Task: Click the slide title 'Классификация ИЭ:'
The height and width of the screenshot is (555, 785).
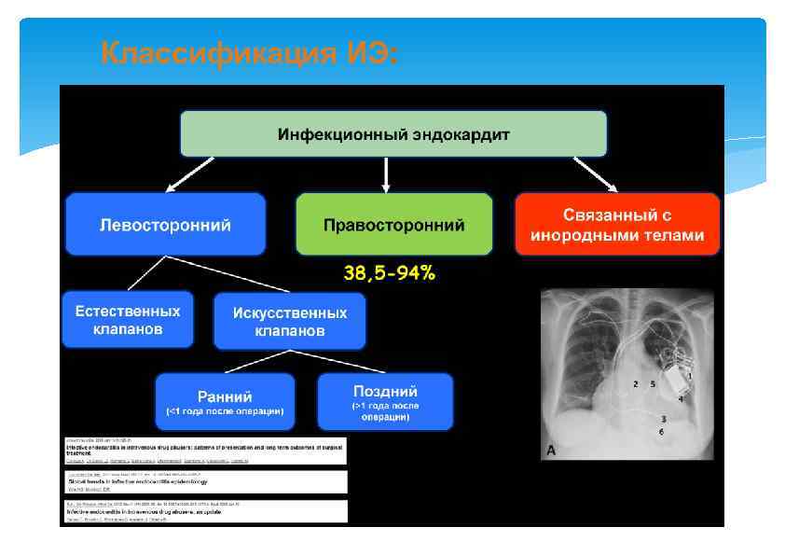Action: pyautogui.click(x=249, y=53)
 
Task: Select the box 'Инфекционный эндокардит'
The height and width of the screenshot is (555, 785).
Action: pyautogui.click(x=392, y=133)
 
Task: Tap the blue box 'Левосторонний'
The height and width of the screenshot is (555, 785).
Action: pyautogui.click(x=165, y=225)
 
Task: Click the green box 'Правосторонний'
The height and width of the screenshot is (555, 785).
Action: pyautogui.click(x=393, y=225)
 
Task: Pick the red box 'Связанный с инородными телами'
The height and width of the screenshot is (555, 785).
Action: pyautogui.click(x=617, y=225)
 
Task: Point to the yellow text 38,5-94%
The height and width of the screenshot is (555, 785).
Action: pyautogui.click(x=390, y=273)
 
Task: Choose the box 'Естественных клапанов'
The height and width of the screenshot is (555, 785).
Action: pyautogui.click(x=128, y=320)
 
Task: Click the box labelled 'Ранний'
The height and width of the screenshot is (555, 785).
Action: pyautogui.click(x=225, y=402)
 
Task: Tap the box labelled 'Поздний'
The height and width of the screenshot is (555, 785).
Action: pyautogui.click(x=385, y=402)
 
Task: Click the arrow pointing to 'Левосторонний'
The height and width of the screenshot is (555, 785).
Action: pyautogui.click(x=212, y=173)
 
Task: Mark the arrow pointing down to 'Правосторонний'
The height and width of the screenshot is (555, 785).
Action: pyautogui.click(x=386, y=174)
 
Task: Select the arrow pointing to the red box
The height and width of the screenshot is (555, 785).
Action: pyautogui.click(x=595, y=174)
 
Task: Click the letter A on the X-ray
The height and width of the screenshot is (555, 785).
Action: pyautogui.click(x=551, y=451)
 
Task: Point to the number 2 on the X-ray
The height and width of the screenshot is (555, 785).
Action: pyautogui.click(x=635, y=383)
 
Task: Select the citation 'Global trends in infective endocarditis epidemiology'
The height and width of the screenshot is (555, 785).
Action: pyautogui.click(x=203, y=481)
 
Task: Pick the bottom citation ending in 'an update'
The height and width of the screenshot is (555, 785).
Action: pyautogui.click(x=203, y=511)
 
